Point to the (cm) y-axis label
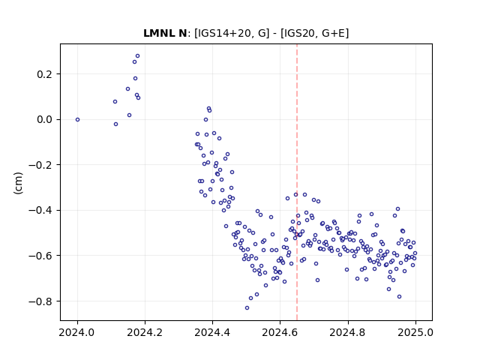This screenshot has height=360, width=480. pyautogui.click(x=18, y=183)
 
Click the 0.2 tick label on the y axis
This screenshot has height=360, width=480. pyautogui.click(x=44, y=74)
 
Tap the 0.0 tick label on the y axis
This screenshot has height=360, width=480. pyautogui.click(x=44, y=120)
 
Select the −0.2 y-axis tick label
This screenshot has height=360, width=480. pyautogui.click(x=40, y=165)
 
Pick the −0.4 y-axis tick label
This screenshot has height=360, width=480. pyautogui.click(x=40, y=210)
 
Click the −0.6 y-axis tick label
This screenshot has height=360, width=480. pyautogui.click(x=40, y=256)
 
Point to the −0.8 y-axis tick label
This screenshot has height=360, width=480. pyautogui.click(x=40, y=301)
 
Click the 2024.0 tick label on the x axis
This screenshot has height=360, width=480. pyautogui.click(x=77, y=332)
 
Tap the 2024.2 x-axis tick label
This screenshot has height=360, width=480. pyautogui.click(x=145, y=332)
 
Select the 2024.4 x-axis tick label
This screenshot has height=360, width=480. pyautogui.click(x=212, y=332)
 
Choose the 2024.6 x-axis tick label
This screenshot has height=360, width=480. pyautogui.click(x=280, y=332)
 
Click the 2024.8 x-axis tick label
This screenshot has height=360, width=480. pyautogui.click(x=348, y=332)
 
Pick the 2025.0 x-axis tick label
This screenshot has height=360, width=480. pyautogui.click(x=415, y=332)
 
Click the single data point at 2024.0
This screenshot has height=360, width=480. pyautogui.click(x=77, y=120)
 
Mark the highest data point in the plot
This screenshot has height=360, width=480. pyautogui.click(x=137, y=56)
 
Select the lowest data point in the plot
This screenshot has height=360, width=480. pyautogui.click(x=247, y=308)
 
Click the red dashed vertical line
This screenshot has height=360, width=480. pyautogui.click(x=297, y=182)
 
